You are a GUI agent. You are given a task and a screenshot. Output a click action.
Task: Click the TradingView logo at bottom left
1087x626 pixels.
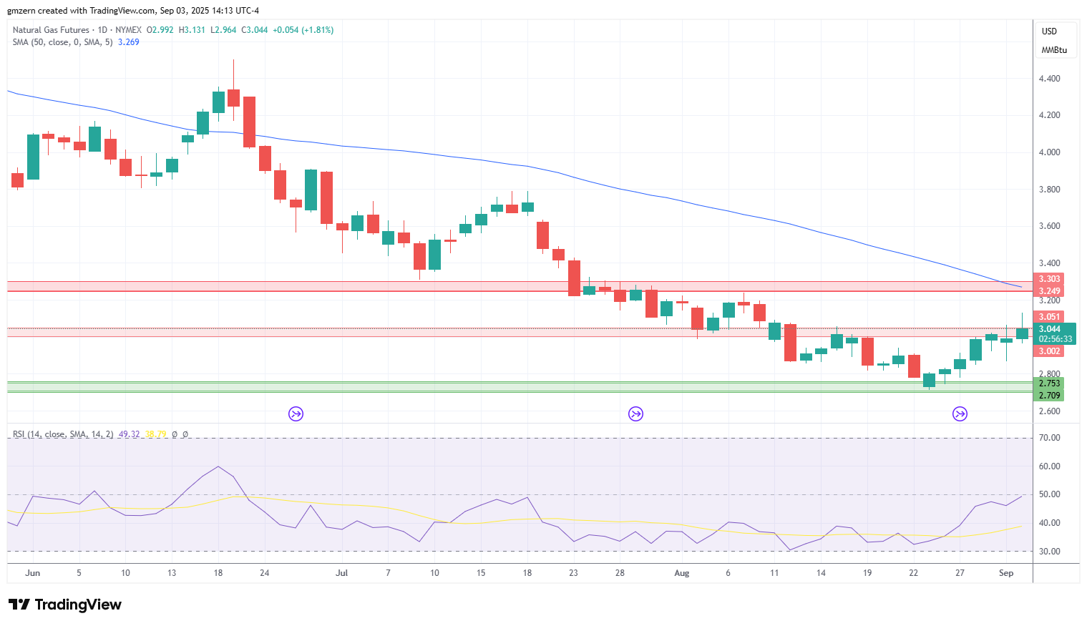coord(65,605)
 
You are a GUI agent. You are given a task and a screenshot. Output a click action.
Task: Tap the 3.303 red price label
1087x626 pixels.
coord(1049,279)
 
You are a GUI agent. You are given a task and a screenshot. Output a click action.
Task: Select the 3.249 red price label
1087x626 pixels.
coord(1049,291)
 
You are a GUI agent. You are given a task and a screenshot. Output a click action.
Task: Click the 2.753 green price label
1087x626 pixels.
coord(1049,383)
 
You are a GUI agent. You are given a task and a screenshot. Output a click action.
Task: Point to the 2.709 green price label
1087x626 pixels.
coord(1049,396)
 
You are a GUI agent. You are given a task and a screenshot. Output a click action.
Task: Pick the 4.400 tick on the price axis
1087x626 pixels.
coord(1049,79)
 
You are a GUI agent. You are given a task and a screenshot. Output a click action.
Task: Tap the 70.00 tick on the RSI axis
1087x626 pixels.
coord(1049,438)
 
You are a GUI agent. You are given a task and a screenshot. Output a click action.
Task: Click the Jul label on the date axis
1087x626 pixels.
coord(341,573)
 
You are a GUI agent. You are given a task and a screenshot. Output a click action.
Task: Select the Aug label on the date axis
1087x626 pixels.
coord(682,573)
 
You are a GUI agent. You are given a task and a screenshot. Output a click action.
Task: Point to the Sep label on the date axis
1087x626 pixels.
coord(1006,573)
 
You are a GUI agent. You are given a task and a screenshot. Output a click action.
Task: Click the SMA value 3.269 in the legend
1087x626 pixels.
coord(129,42)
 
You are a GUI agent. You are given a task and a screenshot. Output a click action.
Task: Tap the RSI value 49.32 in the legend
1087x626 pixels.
coord(129,434)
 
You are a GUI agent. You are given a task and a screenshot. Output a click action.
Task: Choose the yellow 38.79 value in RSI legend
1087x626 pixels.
coord(155,434)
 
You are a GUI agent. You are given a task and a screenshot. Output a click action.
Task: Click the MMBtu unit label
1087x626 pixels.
coord(1054,51)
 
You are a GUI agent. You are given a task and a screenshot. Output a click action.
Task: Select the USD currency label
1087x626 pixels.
coord(1049,31)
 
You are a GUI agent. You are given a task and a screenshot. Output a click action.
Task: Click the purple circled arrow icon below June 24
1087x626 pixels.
coord(296,414)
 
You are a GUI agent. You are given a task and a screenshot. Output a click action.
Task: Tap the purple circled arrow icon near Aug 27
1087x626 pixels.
coord(960,414)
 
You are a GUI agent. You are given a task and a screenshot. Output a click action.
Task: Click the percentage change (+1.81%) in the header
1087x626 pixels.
coord(317,30)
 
